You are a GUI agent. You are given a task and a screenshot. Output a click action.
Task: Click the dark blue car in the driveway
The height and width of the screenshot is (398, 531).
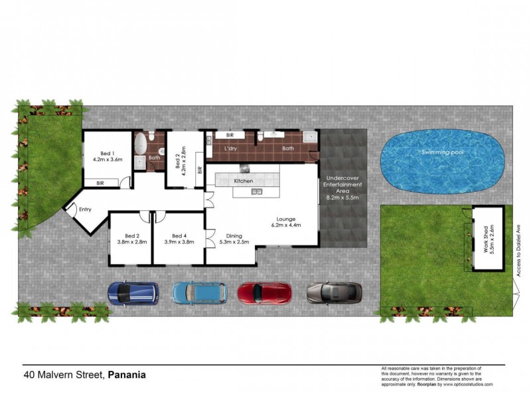click(133, 293)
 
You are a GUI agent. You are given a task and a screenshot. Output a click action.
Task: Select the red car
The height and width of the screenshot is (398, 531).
click(264, 292)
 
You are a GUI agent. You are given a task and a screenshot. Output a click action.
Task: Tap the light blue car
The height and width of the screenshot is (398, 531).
click(199, 292)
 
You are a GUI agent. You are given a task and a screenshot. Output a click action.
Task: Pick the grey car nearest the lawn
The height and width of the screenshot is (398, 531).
click(335, 292)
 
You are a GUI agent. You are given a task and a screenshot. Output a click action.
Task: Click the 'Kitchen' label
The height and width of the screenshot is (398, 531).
click(244, 181)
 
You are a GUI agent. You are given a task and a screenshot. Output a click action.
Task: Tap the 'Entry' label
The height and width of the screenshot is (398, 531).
click(85, 210)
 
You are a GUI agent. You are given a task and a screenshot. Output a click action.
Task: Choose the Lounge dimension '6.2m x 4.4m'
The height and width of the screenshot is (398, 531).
click(286, 226)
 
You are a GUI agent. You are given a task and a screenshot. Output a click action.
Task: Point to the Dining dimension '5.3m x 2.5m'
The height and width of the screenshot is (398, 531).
click(233, 242)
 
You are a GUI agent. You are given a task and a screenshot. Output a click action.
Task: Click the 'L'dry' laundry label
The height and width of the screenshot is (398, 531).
click(230, 148)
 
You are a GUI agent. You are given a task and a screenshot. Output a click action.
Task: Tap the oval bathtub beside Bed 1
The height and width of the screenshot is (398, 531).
click(141, 144)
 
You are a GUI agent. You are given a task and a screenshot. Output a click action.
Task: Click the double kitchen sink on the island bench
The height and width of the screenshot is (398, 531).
click(257, 192)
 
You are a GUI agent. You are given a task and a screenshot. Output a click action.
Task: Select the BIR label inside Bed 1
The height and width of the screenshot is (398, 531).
click(100, 182)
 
